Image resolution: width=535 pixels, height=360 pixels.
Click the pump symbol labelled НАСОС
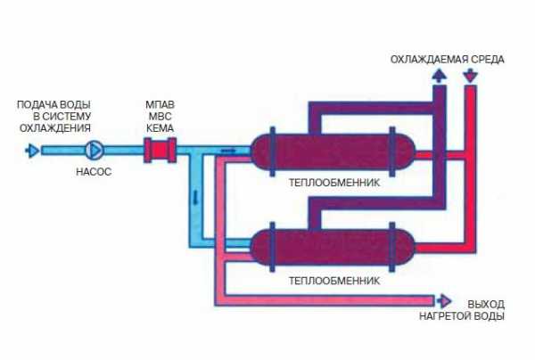pos(94,150)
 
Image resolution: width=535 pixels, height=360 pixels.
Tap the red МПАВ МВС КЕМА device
pos(160,150)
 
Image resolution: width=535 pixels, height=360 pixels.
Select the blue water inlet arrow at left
pos(32,151)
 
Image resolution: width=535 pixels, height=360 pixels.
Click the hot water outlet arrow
pos(443,301)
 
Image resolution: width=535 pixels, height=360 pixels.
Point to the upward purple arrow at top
pos(439,76)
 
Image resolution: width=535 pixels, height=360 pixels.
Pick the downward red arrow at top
pos(471,76)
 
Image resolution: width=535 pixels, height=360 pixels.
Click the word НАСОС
pos(94,172)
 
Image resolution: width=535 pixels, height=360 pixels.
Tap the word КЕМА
pos(160,128)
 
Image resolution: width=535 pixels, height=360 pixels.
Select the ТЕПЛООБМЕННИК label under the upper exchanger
pos(334,183)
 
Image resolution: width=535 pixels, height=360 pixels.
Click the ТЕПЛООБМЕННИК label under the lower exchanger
pos(334,281)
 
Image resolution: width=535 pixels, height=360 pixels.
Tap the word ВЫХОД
pos(486,304)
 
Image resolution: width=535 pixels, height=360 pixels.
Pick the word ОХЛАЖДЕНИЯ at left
pos(55,128)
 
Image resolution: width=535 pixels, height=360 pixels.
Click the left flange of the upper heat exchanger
pos(272,151)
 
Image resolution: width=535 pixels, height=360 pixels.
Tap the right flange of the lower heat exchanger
pos(392,247)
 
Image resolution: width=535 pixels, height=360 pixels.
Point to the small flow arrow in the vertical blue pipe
pos(196,198)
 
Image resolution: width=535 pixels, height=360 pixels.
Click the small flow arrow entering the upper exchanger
pos(228,151)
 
